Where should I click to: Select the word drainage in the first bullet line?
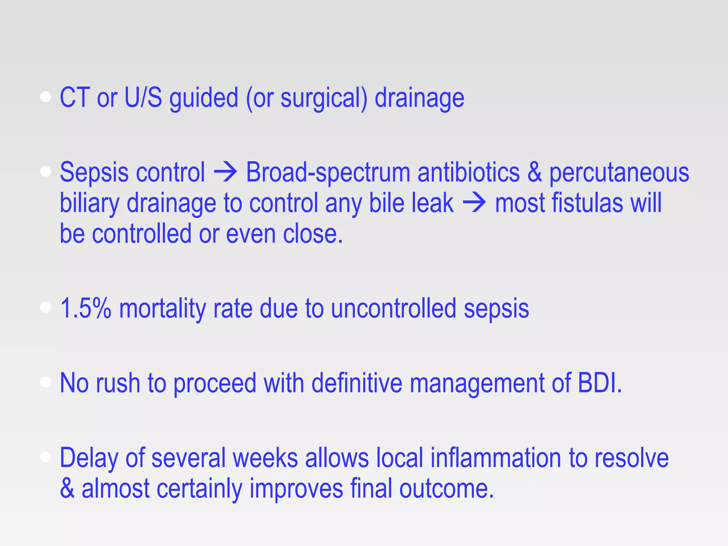click(419, 98)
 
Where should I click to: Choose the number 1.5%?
click(86, 308)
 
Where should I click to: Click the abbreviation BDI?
click(599, 383)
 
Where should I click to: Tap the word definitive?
click(357, 383)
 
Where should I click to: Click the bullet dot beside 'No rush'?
click(45, 382)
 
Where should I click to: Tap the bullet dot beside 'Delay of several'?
click(45, 457)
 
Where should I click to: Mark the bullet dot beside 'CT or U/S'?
click(45, 97)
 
